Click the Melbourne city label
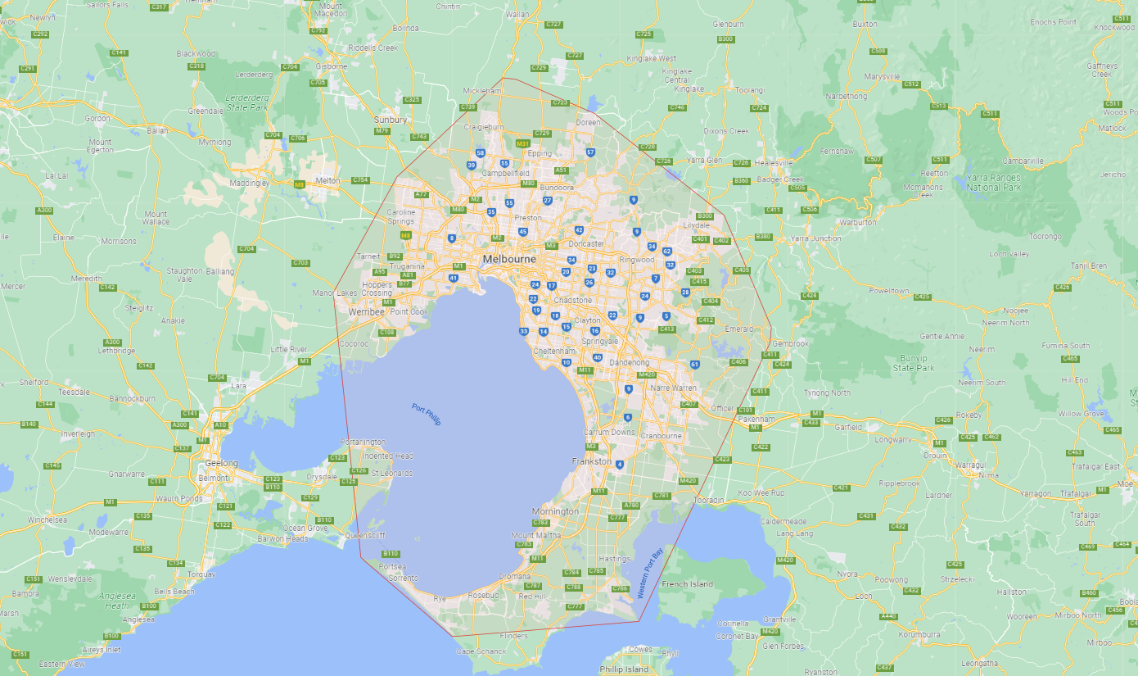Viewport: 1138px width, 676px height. [x=508, y=259]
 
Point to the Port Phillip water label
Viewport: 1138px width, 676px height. [x=426, y=415]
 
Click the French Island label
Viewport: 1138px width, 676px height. [x=687, y=584]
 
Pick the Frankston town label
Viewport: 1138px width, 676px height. [x=591, y=461]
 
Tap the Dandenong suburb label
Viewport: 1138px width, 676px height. [x=629, y=362]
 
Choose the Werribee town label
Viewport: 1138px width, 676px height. [x=365, y=312]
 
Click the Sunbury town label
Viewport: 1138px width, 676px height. [x=391, y=120]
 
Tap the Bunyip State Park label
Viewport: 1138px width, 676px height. [x=913, y=363]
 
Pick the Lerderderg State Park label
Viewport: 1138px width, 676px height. [x=246, y=102]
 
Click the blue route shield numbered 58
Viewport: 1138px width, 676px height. [x=481, y=153]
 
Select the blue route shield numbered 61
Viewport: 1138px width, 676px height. [x=694, y=365]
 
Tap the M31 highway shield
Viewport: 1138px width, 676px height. [x=522, y=143]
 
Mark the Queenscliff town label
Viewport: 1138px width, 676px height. [x=364, y=536]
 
